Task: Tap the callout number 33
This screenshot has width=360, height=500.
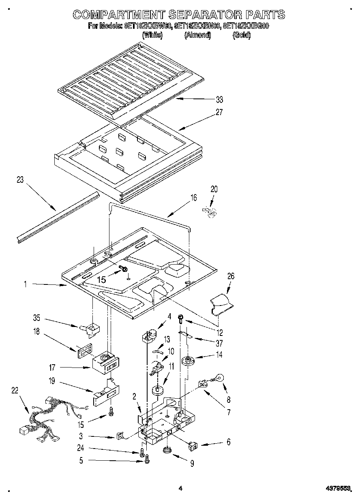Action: (x=219, y=100)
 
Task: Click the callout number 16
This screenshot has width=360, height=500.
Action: (x=193, y=198)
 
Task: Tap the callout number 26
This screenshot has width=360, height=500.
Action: (x=231, y=276)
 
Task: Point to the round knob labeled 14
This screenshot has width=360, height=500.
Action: (x=187, y=360)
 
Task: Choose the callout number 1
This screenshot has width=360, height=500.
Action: (x=25, y=284)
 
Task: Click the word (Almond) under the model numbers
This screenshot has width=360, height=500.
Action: (x=197, y=35)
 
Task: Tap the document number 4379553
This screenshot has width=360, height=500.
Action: (x=339, y=489)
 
